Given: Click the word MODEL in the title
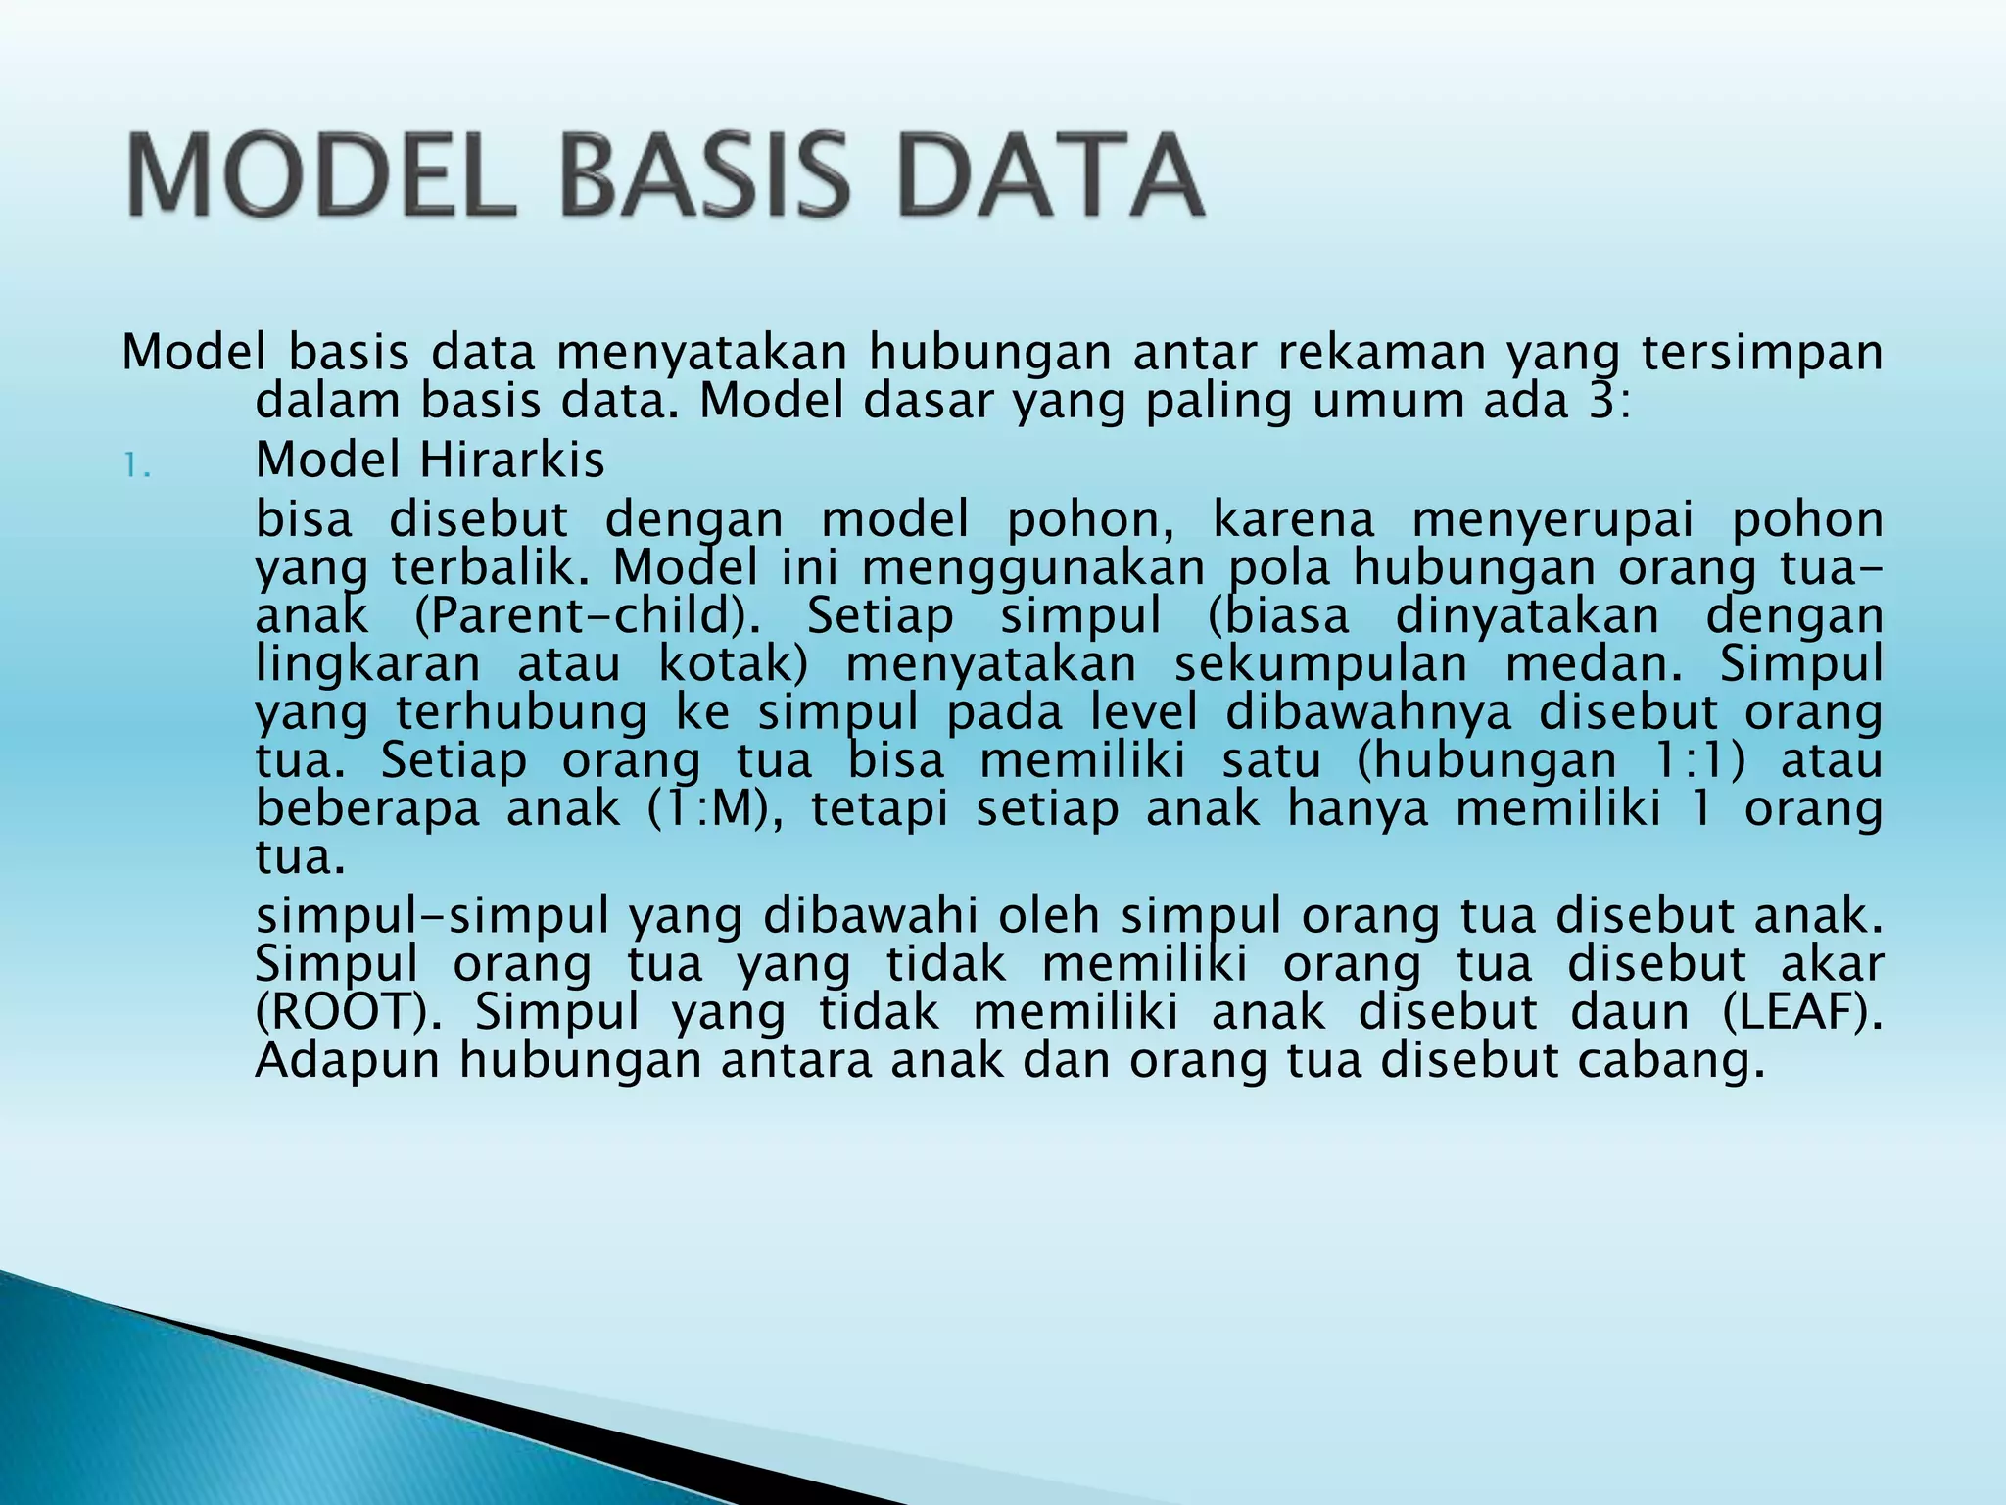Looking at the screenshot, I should tap(320, 177).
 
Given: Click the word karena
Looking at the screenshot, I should tap(1293, 519).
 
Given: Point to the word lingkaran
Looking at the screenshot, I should tap(367, 665).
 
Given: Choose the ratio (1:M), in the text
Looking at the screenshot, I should tap(714, 809).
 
